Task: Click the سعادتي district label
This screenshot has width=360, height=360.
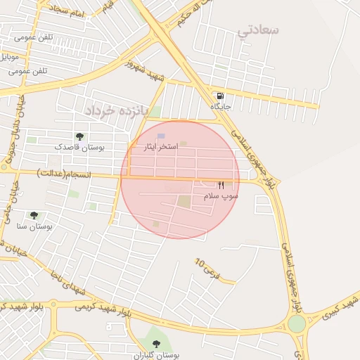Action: pos(258,30)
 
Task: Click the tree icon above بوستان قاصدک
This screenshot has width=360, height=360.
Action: pos(79,136)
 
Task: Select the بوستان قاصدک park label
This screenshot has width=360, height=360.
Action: pos(79,148)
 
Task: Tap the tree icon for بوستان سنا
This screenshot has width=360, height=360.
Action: pos(34,215)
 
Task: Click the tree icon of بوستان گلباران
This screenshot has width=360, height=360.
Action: pos(156,344)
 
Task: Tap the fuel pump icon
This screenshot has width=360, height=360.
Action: pos(221,96)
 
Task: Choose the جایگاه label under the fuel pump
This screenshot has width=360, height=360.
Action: pos(221,106)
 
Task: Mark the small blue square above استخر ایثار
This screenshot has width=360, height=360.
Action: pos(161,136)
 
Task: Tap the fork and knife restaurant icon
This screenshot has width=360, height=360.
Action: pos(221,185)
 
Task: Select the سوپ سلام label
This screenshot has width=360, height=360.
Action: pos(221,196)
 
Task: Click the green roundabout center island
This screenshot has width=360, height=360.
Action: pos(297,323)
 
